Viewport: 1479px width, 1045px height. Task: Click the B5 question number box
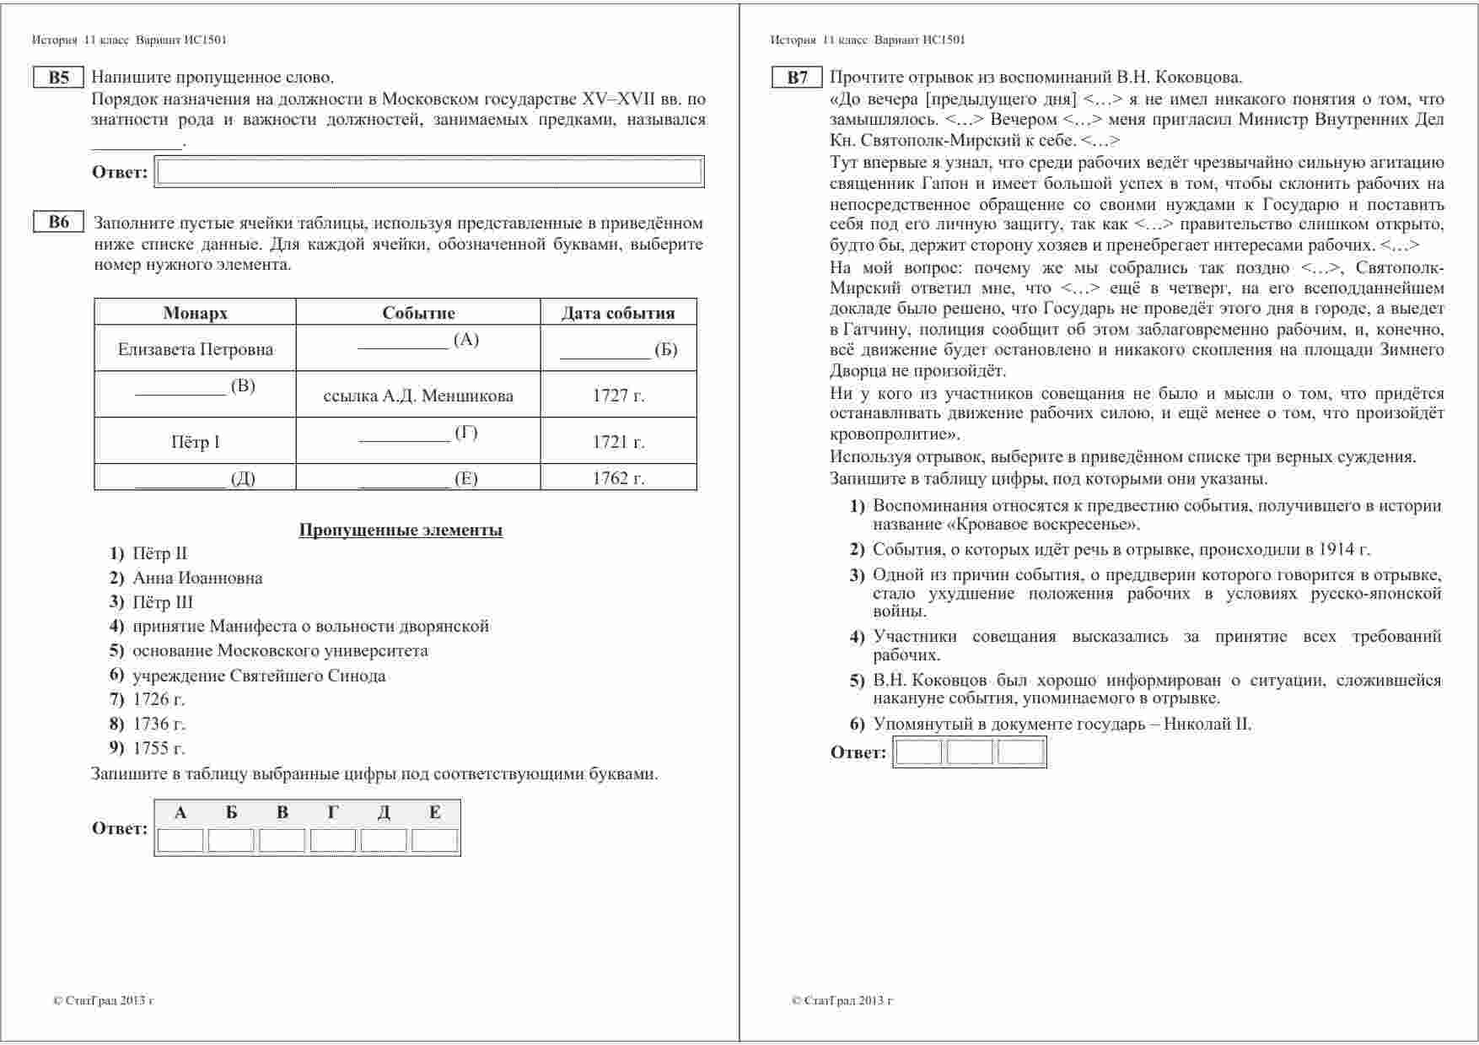pos(58,78)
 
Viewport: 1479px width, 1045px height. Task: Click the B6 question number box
pos(58,223)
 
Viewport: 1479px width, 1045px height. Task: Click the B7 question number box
pos(797,78)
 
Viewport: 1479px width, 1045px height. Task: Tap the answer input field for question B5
pos(430,172)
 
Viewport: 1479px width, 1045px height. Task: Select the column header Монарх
pos(195,313)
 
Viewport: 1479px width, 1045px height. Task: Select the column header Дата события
pos(618,313)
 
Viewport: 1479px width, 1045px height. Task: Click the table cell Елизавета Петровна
pos(195,349)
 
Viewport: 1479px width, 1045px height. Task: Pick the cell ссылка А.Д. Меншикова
pos(418,396)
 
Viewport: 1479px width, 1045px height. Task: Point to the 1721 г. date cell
pos(618,442)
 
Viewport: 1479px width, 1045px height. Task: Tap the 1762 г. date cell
pos(618,478)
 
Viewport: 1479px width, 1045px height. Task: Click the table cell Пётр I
pos(195,442)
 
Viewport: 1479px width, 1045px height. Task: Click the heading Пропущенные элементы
pos(401,530)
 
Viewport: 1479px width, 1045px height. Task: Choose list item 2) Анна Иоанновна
pos(196,578)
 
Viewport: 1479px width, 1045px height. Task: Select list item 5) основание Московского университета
pos(279,650)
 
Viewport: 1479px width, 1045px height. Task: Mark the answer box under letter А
pos(180,841)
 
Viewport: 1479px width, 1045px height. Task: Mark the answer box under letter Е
pos(435,841)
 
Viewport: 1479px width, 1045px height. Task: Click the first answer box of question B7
pos(918,751)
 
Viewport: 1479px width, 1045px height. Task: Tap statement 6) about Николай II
pos(1062,724)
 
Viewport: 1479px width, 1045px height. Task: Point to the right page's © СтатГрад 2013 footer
pos(842,1001)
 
